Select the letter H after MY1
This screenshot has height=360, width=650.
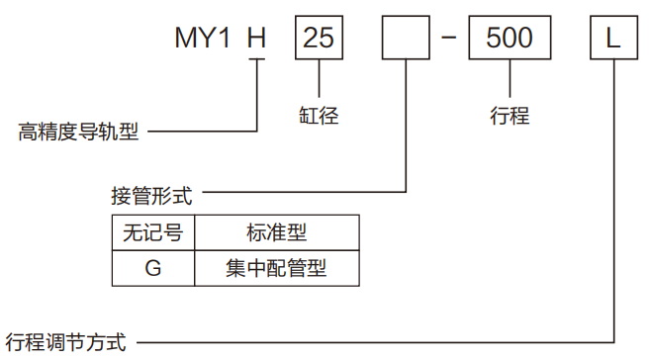tap(256, 39)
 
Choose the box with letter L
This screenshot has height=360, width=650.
tap(612, 39)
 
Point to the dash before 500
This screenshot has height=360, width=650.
tap(448, 39)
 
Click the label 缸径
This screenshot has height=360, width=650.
tap(319, 116)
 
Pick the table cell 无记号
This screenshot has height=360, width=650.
tap(152, 233)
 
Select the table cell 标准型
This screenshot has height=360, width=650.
tap(276, 233)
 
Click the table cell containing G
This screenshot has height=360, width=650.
tap(152, 267)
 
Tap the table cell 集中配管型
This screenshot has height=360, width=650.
tap(276, 267)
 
